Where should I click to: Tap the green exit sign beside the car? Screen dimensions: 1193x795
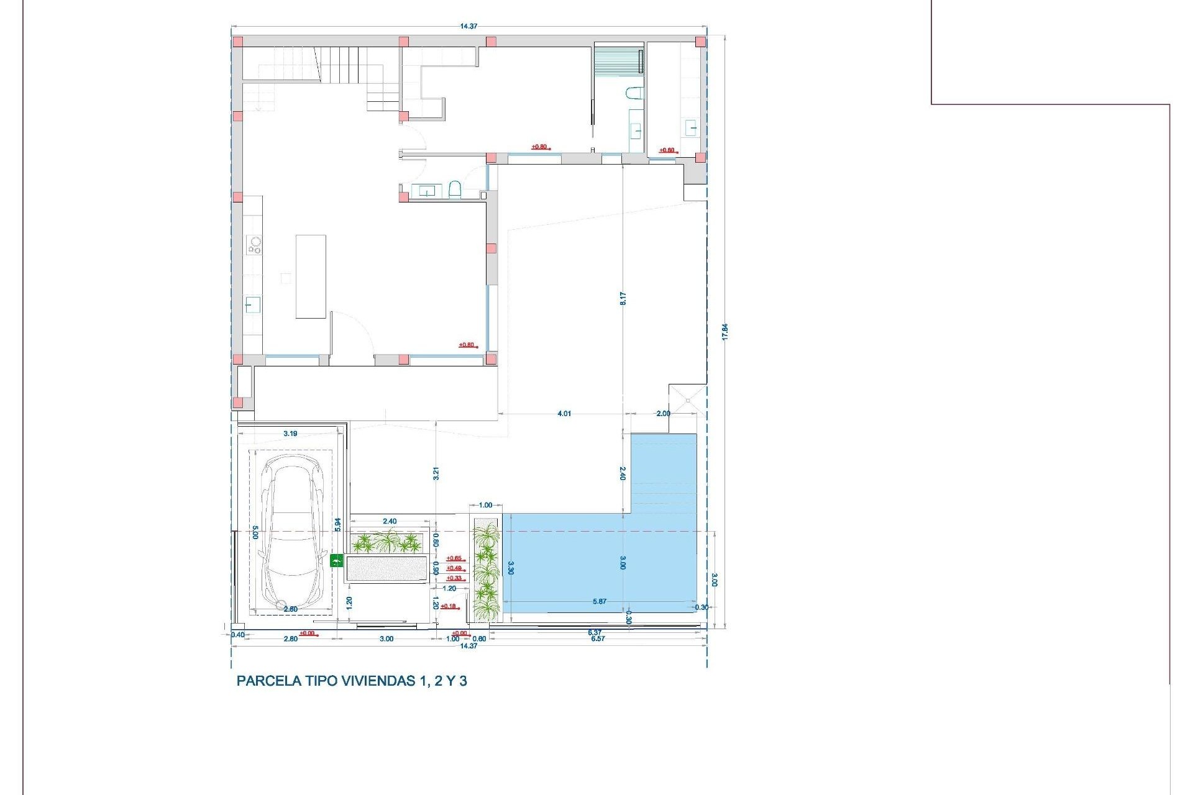tap(337, 561)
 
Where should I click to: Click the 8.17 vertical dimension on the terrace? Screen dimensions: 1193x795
tap(623, 298)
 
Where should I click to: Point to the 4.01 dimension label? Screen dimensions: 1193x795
tap(564, 414)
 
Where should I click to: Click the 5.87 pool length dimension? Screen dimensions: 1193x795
tap(599, 601)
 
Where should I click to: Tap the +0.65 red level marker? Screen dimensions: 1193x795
tap(454, 558)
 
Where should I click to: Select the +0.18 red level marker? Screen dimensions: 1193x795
tap(448, 606)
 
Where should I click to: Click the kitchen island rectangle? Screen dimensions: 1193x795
tap(311, 276)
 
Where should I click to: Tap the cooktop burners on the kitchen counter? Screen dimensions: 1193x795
tap(254, 245)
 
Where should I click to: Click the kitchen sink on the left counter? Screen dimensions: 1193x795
tap(252, 305)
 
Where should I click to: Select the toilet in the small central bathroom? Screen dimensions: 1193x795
tap(454, 189)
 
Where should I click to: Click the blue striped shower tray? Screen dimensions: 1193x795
tap(618, 61)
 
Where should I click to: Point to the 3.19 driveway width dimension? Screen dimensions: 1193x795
tap(290, 434)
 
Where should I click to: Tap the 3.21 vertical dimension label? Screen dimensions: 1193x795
tap(436, 473)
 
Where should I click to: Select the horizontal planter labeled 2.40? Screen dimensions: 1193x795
tap(386, 543)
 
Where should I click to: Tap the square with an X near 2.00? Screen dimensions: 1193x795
tap(688, 401)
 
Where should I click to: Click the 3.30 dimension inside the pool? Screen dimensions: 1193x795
tap(511, 568)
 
